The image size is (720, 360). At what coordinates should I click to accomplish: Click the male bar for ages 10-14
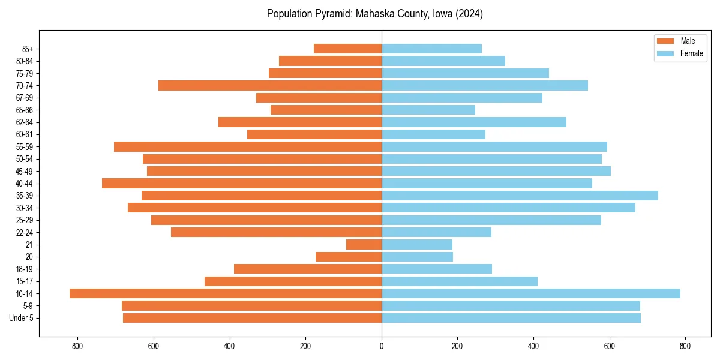click(226, 293)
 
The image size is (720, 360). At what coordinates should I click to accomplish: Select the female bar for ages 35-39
click(520, 196)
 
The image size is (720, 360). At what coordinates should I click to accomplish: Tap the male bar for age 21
click(364, 244)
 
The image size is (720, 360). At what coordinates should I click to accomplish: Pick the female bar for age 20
click(417, 257)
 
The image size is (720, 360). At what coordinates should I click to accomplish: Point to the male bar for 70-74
click(270, 85)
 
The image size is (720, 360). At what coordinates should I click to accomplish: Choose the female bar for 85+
click(431, 49)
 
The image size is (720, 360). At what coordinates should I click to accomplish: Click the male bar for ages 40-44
click(242, 183)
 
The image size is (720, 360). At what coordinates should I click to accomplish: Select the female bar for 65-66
click(428, 110)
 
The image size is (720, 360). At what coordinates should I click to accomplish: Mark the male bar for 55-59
click(248, 146)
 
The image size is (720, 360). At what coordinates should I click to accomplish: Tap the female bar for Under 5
click(511, 318)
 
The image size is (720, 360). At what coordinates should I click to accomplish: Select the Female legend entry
click(680, 53)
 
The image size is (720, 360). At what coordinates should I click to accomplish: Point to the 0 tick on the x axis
click(382, 346)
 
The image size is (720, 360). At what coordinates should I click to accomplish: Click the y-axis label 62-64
click(24, 122)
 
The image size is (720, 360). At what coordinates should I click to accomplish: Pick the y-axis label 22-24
click(24, 232)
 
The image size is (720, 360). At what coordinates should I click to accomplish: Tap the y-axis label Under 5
click(22, 318)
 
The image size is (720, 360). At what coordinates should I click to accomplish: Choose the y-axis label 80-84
click(24, 61)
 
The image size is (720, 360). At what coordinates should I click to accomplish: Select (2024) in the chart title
click(468, 14)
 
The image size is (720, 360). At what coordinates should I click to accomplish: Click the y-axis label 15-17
click(24, 281)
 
